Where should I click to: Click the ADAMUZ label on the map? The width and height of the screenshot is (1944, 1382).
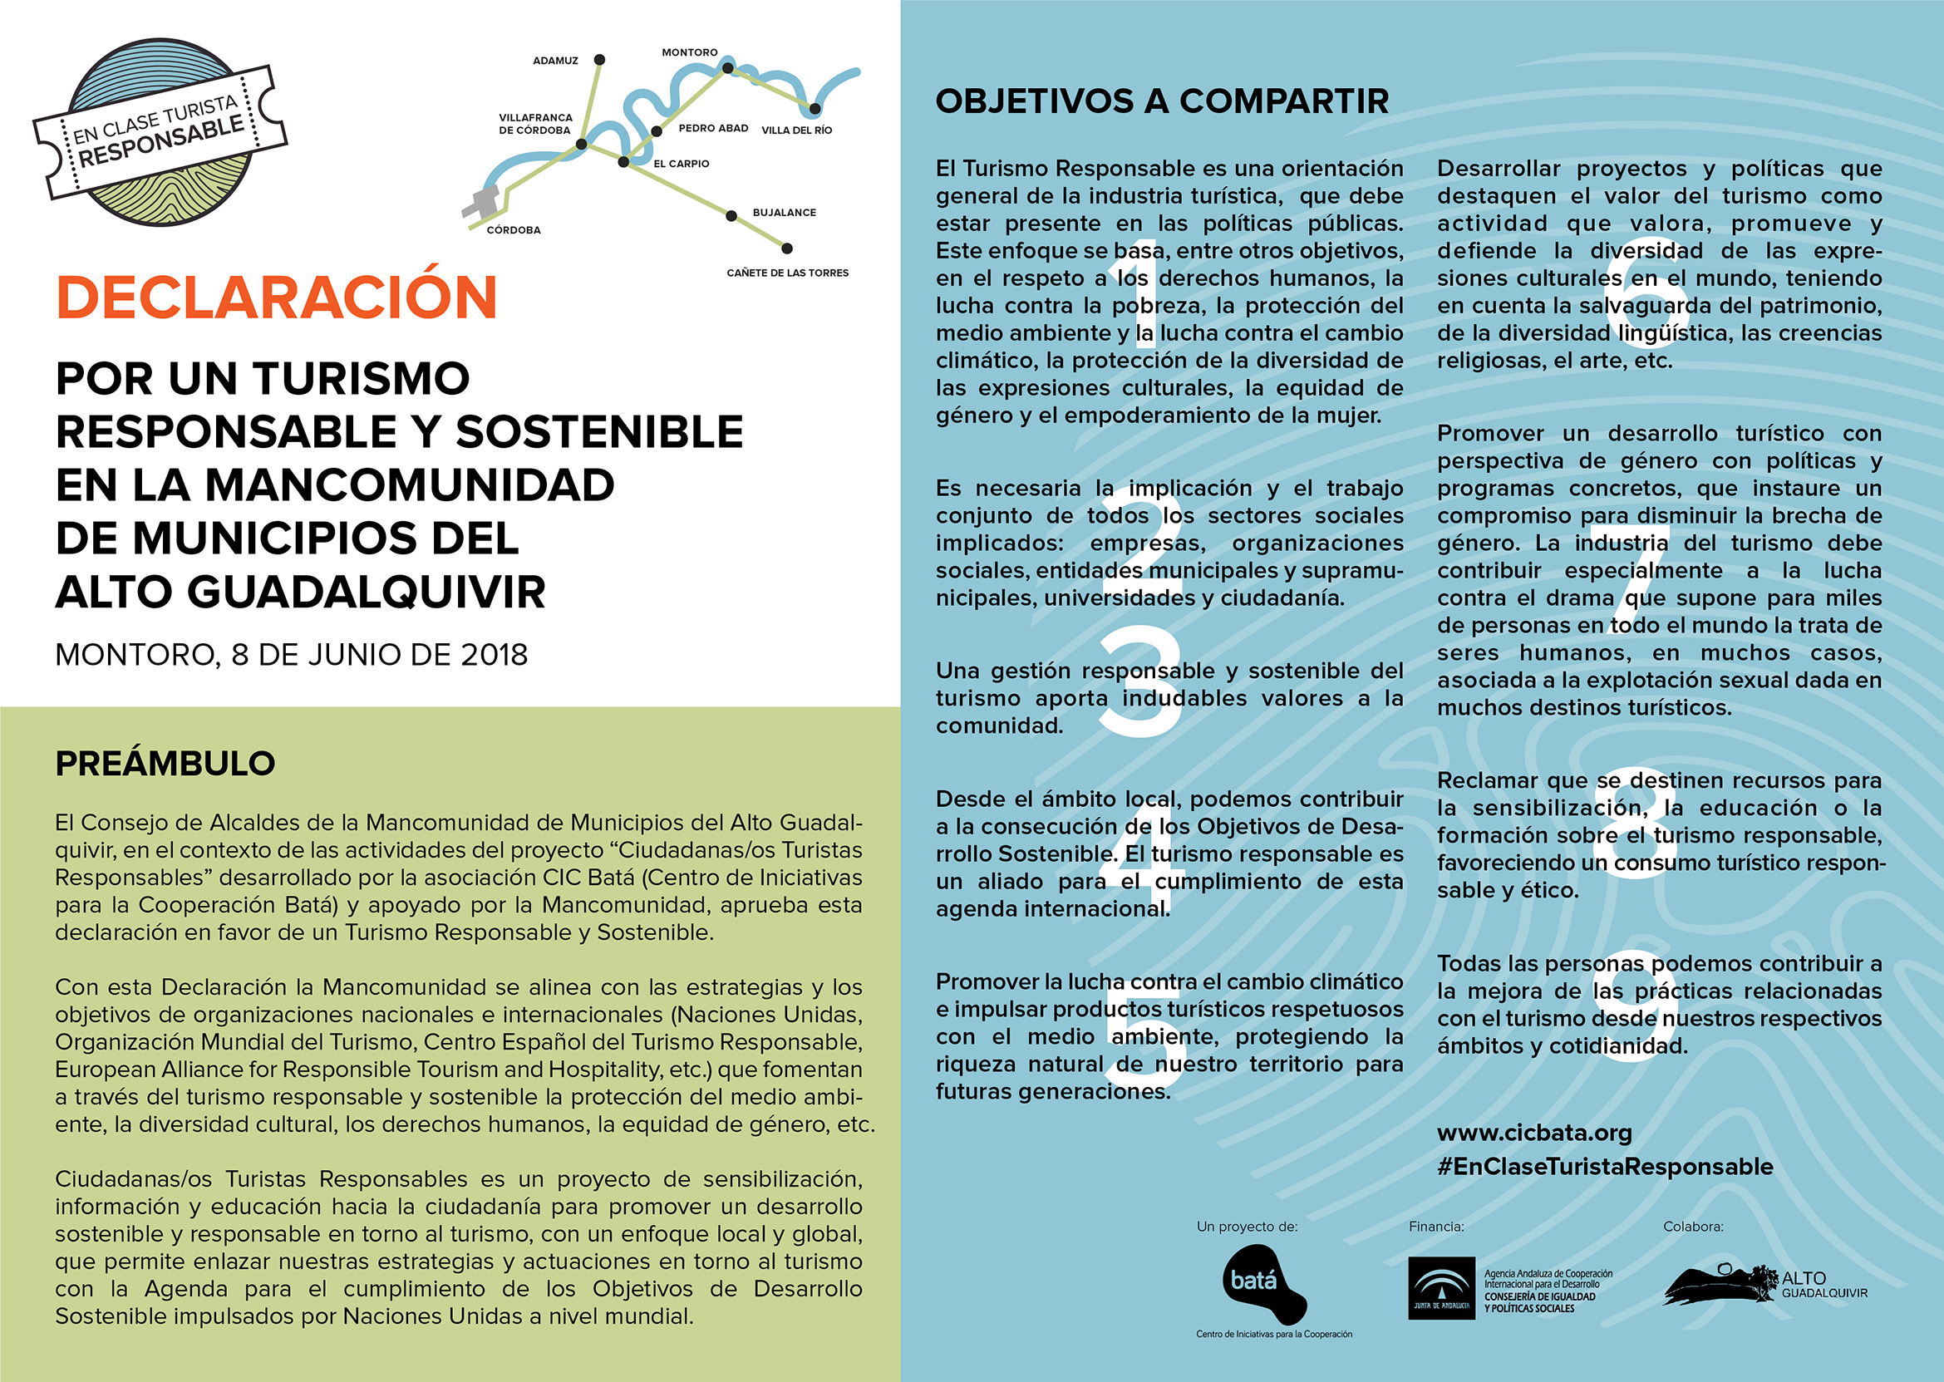[555, 61]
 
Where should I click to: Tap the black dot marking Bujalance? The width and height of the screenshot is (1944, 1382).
[731, 215]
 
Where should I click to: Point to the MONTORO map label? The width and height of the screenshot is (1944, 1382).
[690, 52]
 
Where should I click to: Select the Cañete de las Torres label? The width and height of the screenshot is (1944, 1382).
[787, 273]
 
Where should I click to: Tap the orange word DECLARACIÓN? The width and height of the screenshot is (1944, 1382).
[277, 297]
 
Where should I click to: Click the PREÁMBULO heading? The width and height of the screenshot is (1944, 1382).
[165, 764]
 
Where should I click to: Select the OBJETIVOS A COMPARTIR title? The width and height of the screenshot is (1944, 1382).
[1162, 101]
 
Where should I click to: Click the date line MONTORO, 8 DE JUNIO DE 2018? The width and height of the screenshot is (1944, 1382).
[291, 654]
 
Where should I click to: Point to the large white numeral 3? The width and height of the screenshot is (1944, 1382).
[1140, 681]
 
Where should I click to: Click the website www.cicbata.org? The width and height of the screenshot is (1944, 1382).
[1534, 1133]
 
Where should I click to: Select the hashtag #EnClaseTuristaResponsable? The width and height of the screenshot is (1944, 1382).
[1604, 1167]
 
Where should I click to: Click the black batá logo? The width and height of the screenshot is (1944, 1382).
[1263, 1282]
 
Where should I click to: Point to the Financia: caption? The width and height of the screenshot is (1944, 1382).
[1436, 1227]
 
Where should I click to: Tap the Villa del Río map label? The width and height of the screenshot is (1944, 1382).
[797, 130]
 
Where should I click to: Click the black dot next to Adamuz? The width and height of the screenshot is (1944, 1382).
[599, 60]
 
